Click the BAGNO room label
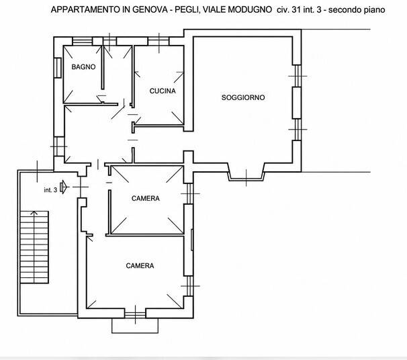tap(83, 67)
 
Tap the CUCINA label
tap(163, 91)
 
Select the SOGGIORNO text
tap(243, 97)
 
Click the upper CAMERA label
tap(146, 199)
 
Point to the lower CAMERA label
tap(140, 266)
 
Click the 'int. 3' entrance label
tap(50, 190)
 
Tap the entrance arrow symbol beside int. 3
tap(64, 187)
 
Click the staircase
tap(34, 247)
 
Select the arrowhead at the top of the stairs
tap(34, 214)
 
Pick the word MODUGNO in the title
tap(250, 9)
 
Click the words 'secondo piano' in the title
tap(357, 10)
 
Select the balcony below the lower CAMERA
tap(135, 326)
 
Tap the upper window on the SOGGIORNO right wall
tap(297, 76)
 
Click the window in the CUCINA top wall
tap(159, 41)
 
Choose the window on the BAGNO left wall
tap(58, 67)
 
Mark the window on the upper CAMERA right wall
tap(189, 193)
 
